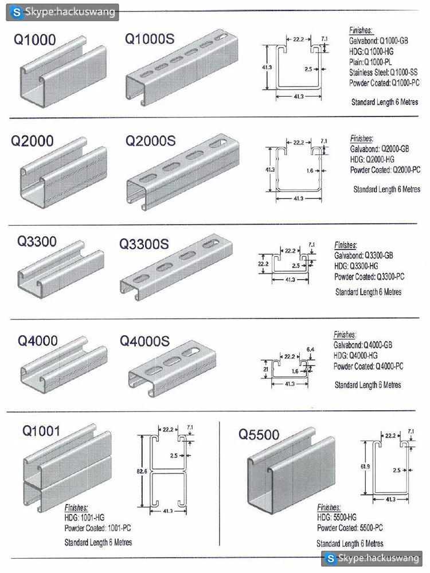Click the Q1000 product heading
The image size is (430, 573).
[35, 40]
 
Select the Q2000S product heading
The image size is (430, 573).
[150, 141]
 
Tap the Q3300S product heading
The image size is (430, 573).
[144, 244]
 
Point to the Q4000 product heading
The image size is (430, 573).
[38, 340]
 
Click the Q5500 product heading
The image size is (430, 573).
[259, 435]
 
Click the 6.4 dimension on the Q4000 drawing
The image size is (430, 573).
[310, 349]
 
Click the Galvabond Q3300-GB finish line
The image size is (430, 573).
[363, 255]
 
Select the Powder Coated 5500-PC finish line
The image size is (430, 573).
[350, 528]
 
